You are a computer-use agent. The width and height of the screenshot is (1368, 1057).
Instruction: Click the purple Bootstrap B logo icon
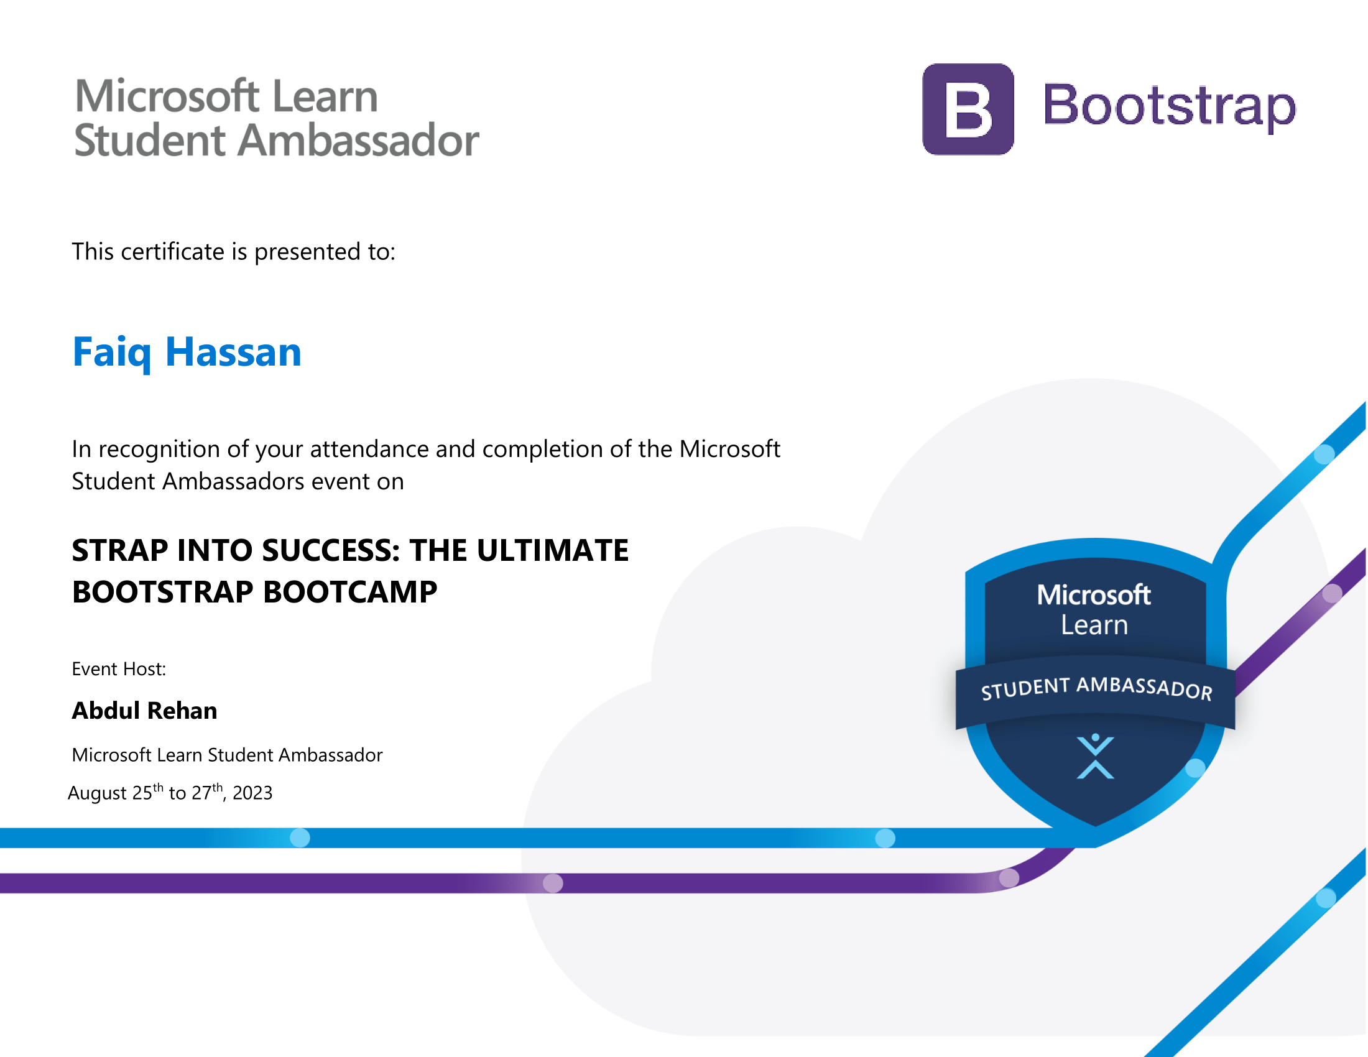(x=968, y=109)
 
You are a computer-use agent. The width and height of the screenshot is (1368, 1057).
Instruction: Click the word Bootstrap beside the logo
(x=1169, y=106)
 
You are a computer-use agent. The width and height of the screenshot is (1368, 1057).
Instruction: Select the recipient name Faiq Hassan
(x=187, y=353)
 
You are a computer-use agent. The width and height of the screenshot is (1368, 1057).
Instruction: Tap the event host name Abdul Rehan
(x=145, y=711)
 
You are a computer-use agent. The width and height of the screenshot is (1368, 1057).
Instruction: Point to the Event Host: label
(x=119, y=669)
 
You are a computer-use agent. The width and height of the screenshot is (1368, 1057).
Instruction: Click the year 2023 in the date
(x=252, y=793)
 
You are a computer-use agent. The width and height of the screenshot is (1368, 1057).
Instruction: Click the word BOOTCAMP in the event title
(x=351, y=592)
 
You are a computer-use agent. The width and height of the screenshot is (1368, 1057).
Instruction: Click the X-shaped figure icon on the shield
(x=1095, y=757)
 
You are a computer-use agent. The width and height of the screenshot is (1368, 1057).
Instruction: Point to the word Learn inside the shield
(x=1094, y=625)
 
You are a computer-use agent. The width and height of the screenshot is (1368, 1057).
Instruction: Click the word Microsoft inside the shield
(x=1094, y=594)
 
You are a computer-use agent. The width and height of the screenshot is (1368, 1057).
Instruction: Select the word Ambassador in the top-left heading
(x=358, y=140)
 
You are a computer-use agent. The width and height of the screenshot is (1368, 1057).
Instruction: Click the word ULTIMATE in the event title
(x=552, y=550)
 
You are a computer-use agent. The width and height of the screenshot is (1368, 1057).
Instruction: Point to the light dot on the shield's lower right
(x=1195, y=769)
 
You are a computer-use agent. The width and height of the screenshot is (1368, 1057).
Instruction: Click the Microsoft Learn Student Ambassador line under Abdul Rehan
(x=228, y=755)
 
